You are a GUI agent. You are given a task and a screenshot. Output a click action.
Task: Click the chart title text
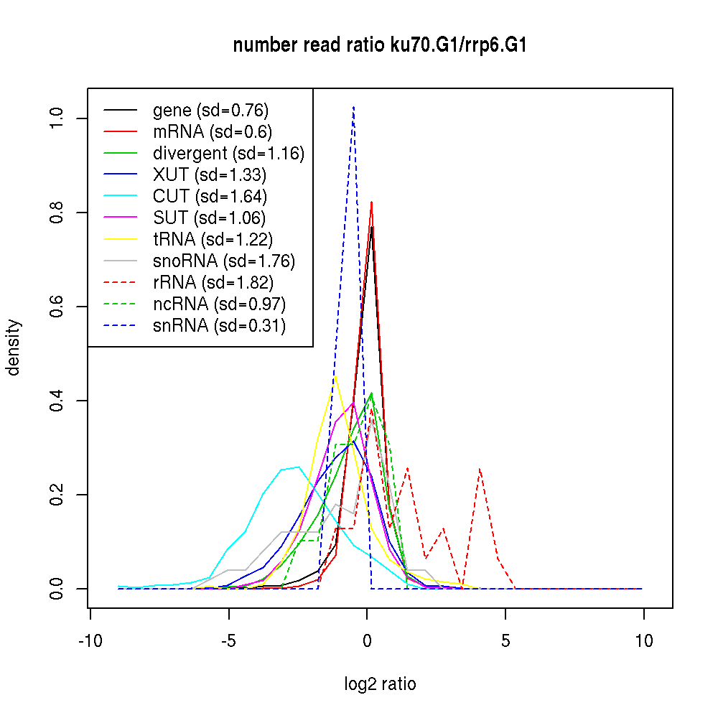381,46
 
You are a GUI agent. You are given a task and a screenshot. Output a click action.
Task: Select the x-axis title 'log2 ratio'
380,684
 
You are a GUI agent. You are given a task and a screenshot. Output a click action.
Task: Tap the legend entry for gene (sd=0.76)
210,111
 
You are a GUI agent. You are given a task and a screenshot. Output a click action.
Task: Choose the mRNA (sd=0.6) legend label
212,132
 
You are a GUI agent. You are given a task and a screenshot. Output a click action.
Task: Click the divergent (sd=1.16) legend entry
228,154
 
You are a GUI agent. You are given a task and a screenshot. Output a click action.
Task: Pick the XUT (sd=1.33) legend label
210,175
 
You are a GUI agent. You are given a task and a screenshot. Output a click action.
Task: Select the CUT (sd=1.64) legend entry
210,197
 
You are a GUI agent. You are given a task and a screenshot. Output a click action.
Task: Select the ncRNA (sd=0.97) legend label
219,304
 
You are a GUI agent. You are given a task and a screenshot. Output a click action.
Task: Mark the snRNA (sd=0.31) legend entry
219,326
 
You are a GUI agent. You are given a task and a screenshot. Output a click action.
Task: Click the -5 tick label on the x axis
228,640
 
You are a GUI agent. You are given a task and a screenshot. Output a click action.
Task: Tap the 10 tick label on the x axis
644,640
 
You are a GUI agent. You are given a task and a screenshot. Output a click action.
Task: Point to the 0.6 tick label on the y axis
57,307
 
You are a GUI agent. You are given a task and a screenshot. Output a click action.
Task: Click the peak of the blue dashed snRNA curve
353,107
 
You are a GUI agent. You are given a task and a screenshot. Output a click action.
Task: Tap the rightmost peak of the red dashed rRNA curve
480,469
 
